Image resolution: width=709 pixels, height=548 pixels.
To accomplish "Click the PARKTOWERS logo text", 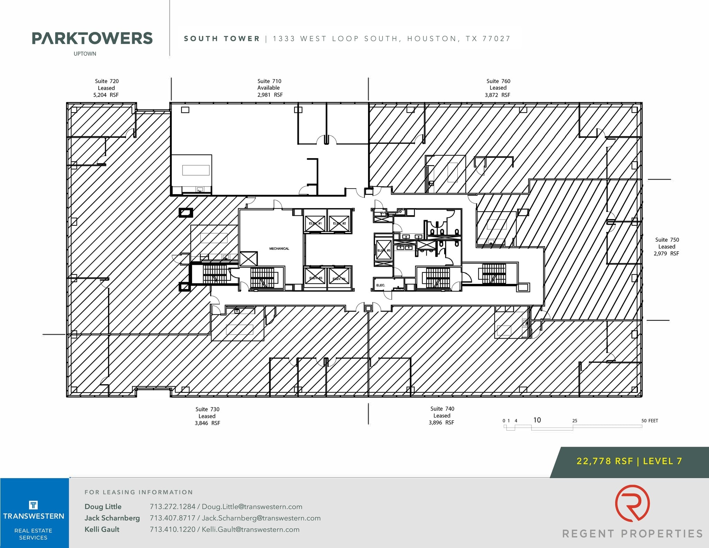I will pyautogui.click(x=92, y=38).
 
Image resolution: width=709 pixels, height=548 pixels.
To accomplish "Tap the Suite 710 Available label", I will pyautogui.click(x=269, y=88).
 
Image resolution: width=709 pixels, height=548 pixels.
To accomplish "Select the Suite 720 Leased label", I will pyautogui.click(x=106, y=88).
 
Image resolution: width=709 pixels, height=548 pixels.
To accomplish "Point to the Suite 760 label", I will pyautogui.click(x=498, y=88).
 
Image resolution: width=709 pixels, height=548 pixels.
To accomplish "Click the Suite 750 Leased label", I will pyautogui.click(x=666, y=246).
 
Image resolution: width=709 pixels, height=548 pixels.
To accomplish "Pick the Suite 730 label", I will pyautogui.click(x=207, y=416).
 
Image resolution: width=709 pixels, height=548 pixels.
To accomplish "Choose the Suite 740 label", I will pyautogui.click(x=442, y=415).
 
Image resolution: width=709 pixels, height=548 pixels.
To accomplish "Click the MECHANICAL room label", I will pyautogui.click(x=279, y=249).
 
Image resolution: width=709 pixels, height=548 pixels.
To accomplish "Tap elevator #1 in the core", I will pyautogui.click(x=315, y=223).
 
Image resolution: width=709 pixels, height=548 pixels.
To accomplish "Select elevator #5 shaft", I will pyautogui.click(x=384, y=250).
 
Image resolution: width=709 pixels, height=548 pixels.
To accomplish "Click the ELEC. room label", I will pyautogui.click(x=380, y=285).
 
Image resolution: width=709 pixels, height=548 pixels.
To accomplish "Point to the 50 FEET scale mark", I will pyautogui.click(x=649, y=421).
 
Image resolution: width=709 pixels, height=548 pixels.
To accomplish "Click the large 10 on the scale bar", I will pyautogui.click(x=537, y=420).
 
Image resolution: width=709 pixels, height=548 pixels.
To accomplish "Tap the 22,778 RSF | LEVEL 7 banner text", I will pyautogui.click(x=629, y=461).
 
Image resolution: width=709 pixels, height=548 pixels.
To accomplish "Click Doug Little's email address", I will pyautogui.click(x=252, y=507).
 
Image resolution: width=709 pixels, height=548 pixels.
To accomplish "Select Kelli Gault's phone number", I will pyautogui.click(x=172, y=529).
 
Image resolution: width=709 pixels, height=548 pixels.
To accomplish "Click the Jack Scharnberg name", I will pyautogui.click(x=112, y=518).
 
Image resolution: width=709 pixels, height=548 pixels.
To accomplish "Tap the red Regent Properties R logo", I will pyautogui.click(x=632, y=503).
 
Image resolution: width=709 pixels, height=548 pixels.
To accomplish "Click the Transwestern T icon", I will pyautogui.click(x=33, y=505).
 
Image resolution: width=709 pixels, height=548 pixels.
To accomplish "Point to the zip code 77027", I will pyautogui.click(x=496, y=39).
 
